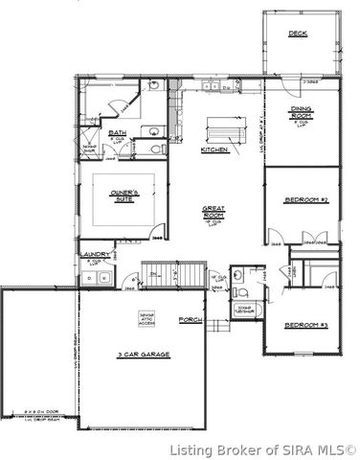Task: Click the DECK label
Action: coord(299,34)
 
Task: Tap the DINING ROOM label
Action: coord(301,114)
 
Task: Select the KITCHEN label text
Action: coord(214,150)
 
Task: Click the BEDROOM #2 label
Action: coord(306,200)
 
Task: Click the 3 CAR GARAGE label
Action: coord(144,354)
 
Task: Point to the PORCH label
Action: coord(191,319)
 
